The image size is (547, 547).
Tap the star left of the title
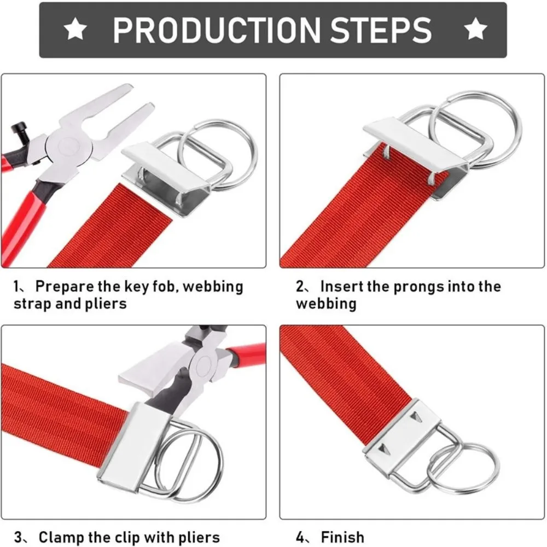click(x=75, y=30)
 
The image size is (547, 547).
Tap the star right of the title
click(x=476, y=30)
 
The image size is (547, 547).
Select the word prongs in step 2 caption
click(x=414, y=287)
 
